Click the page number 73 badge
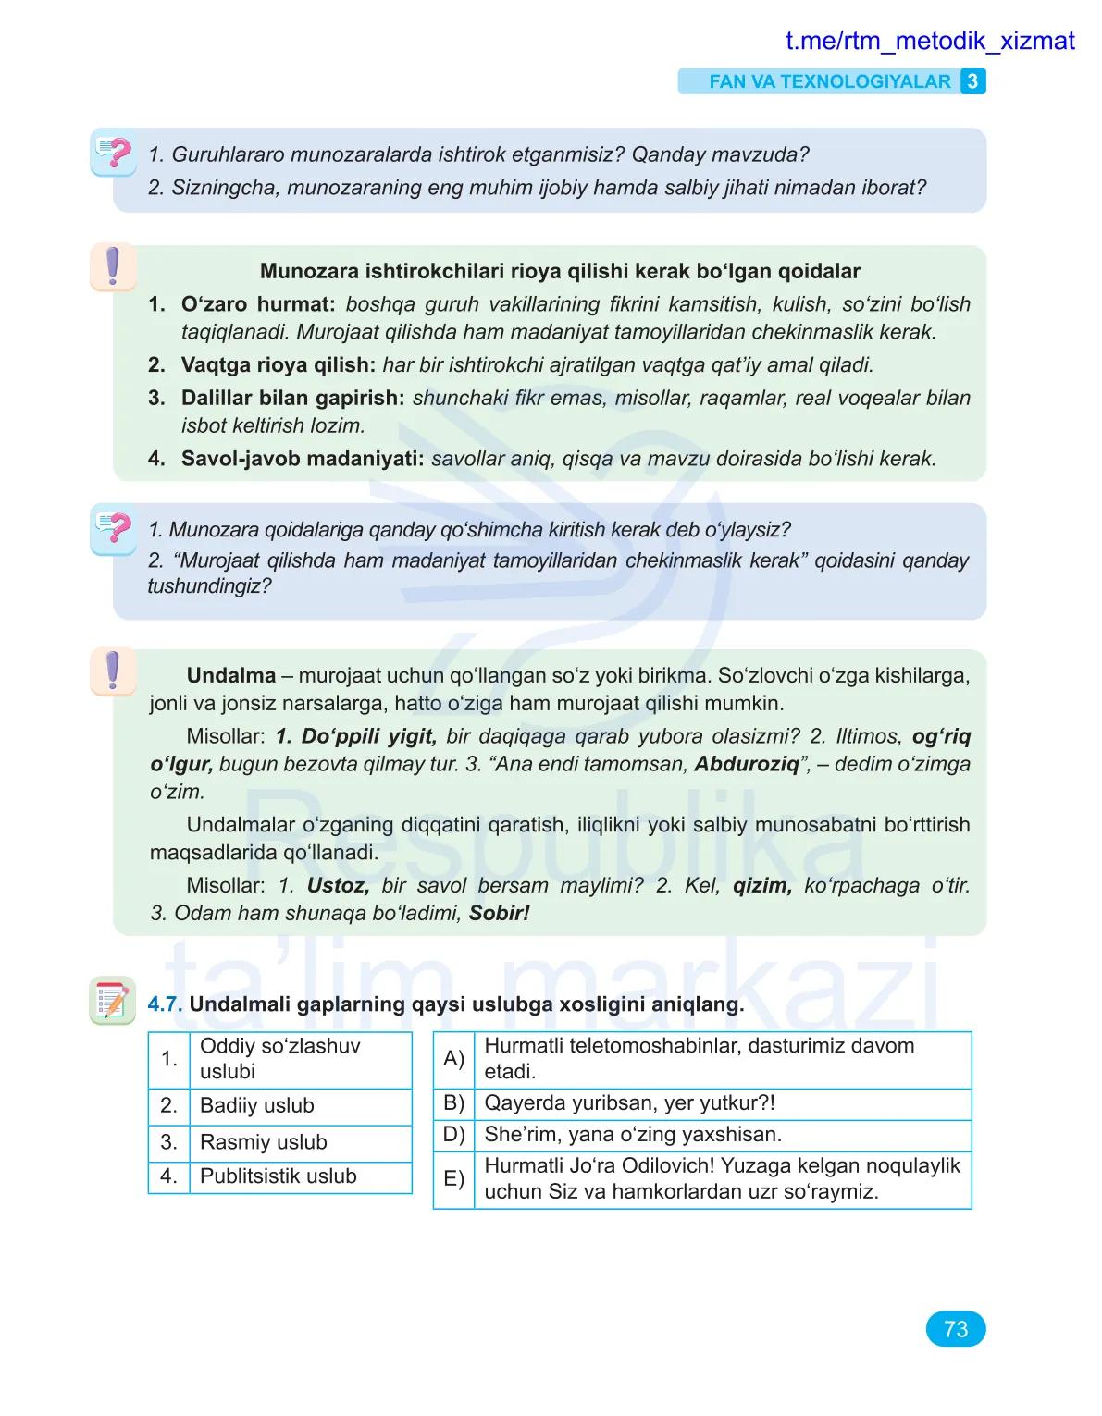955,1329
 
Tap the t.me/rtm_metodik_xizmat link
929,41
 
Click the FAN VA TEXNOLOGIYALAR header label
829,81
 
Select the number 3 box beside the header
972,81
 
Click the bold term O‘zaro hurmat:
258,304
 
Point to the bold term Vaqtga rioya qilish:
278,365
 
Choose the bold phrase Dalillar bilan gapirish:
292,399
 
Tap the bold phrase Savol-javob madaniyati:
303,459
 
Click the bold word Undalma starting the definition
231,676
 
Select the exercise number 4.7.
165,1004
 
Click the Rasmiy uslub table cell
264,1143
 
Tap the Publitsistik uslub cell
278,1176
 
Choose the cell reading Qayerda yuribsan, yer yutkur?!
629,1103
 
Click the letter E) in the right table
453,1178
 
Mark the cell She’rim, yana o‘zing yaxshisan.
633,1135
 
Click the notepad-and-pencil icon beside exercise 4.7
112,1001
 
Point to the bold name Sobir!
499,914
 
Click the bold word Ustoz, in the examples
338,886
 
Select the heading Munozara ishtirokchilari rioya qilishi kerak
560,272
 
